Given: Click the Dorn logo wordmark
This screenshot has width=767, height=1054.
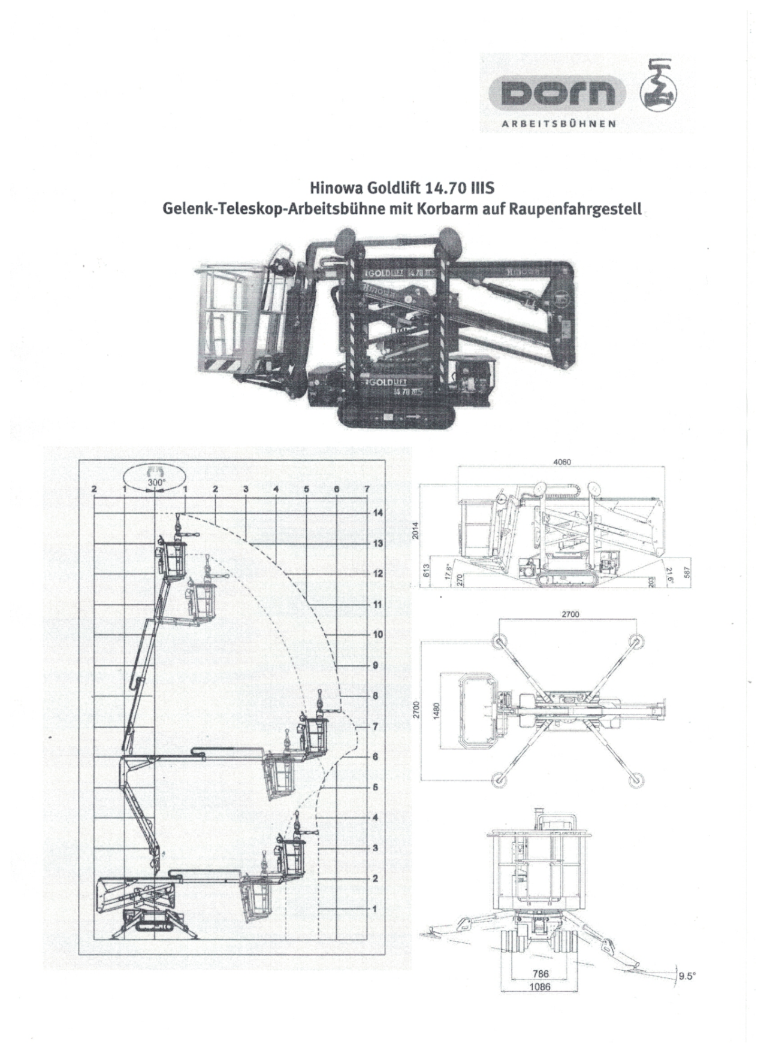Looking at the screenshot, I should (x=557, y=93).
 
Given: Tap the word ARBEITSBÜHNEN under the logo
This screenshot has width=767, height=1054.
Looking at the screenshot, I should (x=558, y=124).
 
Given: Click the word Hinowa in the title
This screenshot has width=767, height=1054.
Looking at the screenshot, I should (x=333, y=189).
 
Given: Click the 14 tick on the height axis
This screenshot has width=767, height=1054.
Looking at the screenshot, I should (x=378, y=513).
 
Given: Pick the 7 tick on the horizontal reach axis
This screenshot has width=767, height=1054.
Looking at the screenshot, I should (x=367, y=489).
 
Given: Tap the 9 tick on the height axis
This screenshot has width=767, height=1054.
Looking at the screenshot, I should (x=376, y=665).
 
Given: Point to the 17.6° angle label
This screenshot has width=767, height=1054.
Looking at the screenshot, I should (x=448, y=569).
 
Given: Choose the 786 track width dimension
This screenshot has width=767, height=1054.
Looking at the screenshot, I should (x=540, y=974).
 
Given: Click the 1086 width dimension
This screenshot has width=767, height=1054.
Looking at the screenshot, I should (x=540, y=987).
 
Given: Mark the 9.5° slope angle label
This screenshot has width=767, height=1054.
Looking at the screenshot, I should (x=686, y=976).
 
